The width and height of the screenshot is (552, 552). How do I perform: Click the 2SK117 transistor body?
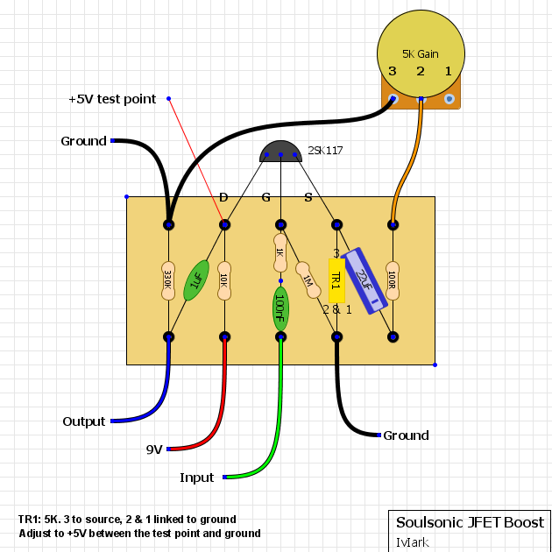click(280, 152)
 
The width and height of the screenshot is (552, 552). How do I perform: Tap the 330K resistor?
click(168, 280)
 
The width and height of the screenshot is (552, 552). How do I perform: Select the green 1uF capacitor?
click(196, 280)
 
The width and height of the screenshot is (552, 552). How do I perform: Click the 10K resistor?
click(224, 280)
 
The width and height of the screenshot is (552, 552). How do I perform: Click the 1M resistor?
click(307, 280)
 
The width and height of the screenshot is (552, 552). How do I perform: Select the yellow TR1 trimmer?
click(336, 280)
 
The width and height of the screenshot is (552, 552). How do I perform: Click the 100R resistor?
click(393, 280)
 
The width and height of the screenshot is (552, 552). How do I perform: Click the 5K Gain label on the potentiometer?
click(421, 53)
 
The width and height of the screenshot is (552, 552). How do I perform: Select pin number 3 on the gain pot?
click(393, 70)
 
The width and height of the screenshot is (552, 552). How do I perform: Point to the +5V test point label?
click(112, 99)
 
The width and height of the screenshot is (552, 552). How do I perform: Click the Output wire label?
click(83, 421)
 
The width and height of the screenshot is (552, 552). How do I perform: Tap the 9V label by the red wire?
click(153, 449)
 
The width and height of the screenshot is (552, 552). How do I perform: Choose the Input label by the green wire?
click(196, 478)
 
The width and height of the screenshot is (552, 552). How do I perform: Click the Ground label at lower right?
click(406, 435)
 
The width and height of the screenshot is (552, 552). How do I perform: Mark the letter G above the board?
click(266, 197)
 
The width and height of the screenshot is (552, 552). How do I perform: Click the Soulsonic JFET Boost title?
click(470, 522)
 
